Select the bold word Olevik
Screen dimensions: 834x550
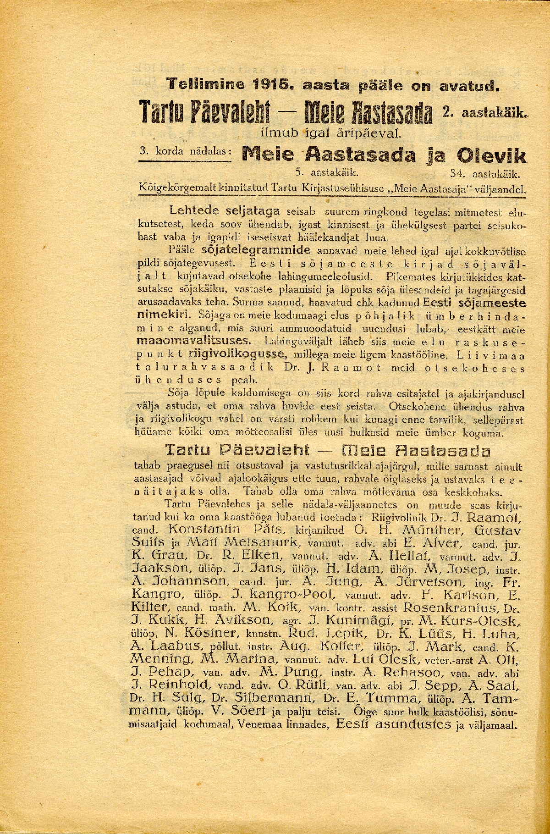tap(491, 156)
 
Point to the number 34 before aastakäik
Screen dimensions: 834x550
tap(457, 174)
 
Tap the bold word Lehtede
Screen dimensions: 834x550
tap(192, 211)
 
